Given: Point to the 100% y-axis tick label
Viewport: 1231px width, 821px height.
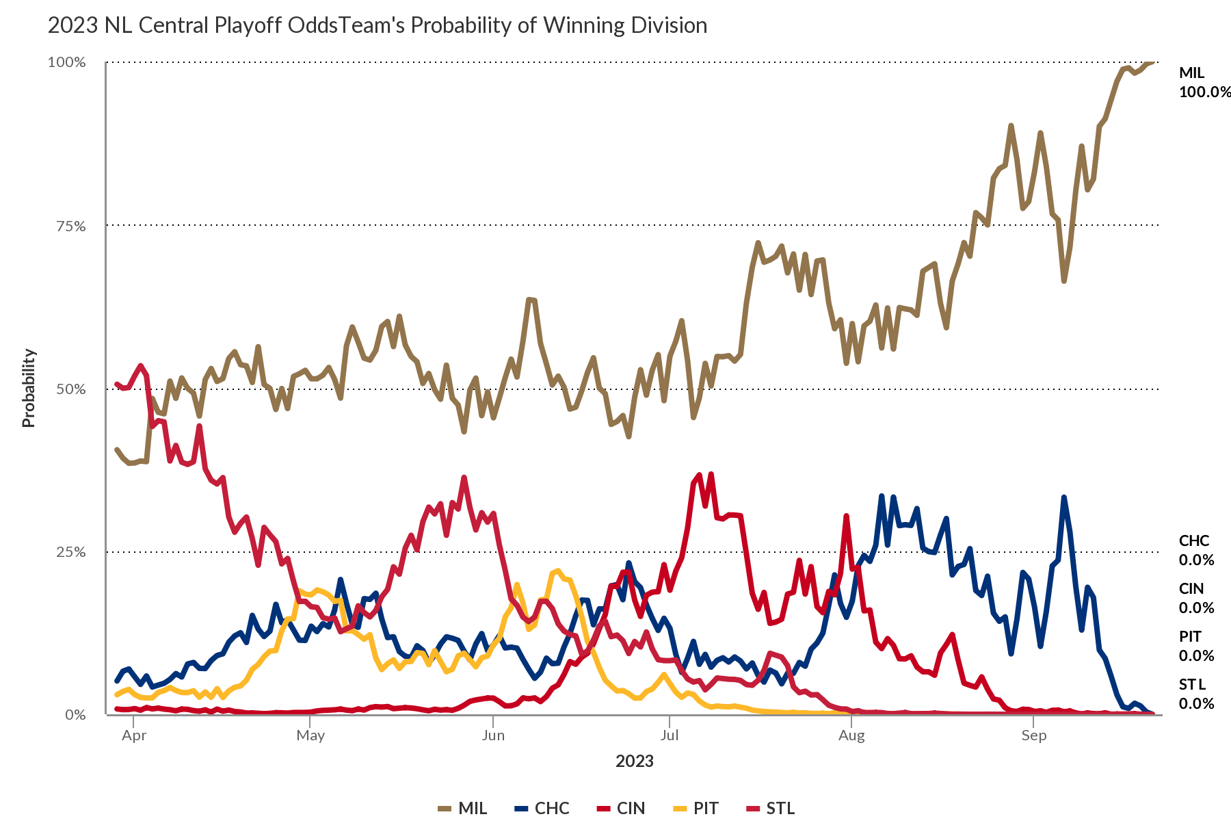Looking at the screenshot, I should pyautogui.click(x=66, y=62).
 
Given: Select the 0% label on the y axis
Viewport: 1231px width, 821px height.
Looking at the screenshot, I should pyautogui.click(x=75, y=715).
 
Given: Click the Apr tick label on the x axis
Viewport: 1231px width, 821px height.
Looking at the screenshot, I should pyautogui.click(x=134, y=736).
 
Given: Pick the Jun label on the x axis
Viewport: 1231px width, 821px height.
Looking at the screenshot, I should pyautogui.click(x=493, y=736).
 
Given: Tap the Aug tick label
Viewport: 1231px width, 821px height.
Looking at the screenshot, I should pyautogui.click(x=851, y=736).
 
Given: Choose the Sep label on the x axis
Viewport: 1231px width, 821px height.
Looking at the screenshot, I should pyautogui.click(x=1034, y=736).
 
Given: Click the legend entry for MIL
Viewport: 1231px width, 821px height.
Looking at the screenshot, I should pyautogui.click(x=462, y=809).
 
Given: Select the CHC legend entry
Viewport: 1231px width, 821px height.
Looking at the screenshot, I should pyautogui.click(x=542, y=809).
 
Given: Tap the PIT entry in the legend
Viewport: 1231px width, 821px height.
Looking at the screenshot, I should pyautogui.click(x=696, y=809).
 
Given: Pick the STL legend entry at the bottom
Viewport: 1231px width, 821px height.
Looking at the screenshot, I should pyautogui.click(x=770, y=809).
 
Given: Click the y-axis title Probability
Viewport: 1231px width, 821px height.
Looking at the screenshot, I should pyautogui.click(x=28, y=388).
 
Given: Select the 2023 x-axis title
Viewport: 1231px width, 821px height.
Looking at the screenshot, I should pyautogui.click(x=635, y=761).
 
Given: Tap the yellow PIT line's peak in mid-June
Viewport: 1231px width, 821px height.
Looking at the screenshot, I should pyautogui.click(x=558, y=571).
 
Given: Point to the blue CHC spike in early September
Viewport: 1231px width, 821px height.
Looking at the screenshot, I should pyautogui.click(x=1064, y=497).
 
